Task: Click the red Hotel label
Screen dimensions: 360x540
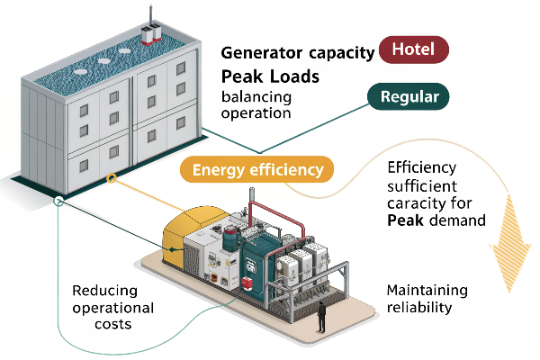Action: point(416,50)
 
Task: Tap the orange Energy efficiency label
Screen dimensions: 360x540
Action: point(257,168)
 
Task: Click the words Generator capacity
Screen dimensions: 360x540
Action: point(298,53)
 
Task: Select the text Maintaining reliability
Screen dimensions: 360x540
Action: point(427,300)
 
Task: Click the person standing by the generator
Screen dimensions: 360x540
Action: point(319,315)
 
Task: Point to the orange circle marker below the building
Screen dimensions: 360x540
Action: point(112,179)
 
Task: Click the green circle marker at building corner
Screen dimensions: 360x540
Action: point(58,201)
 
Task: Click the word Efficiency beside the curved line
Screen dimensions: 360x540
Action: point(421,167)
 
